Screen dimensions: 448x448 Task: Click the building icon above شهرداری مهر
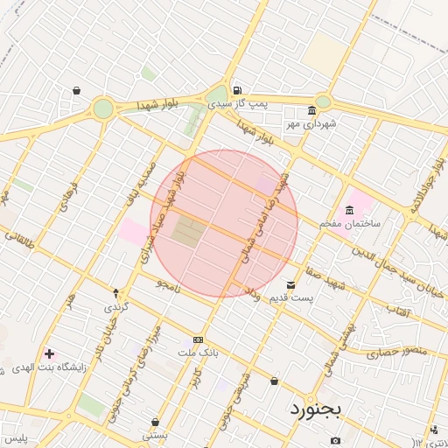click(311, 111)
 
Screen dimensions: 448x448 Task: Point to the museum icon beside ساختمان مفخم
click(350, 211)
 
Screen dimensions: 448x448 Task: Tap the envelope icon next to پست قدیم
click(291, 285)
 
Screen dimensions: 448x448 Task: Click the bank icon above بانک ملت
click(198, 339)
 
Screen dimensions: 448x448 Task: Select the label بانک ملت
click(197, 352)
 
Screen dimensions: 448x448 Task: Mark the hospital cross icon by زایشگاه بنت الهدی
click(48, 354)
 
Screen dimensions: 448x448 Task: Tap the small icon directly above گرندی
click(115, 292)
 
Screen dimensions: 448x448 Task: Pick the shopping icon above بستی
click(155, 422)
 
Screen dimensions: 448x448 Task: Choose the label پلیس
click(15, 437)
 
